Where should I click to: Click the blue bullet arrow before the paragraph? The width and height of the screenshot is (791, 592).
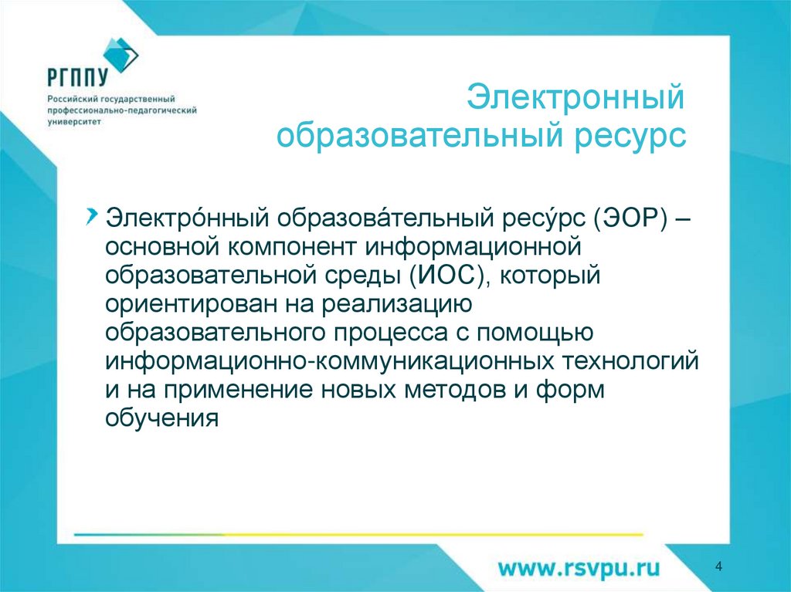[x=93, y=212]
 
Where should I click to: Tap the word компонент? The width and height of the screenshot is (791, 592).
[x=292, y=247]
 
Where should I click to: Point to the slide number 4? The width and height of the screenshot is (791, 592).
[x=719, y=567]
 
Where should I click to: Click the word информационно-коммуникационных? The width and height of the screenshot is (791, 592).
[x=331, y=362]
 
